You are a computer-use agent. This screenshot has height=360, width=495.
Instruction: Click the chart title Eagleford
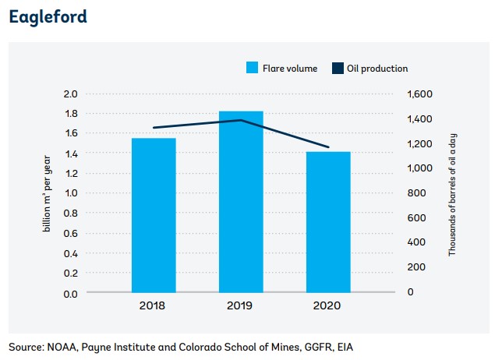pos(48,16)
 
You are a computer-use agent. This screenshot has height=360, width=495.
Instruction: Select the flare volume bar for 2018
pos(154,216)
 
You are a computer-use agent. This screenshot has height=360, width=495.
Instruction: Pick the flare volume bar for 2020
pos(328,222)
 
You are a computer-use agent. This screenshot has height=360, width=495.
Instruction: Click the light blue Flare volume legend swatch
pos(251,69)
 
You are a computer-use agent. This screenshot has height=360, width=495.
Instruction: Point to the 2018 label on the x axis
pos(154,306)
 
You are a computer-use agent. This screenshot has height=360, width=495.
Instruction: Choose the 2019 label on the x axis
pos(241,306)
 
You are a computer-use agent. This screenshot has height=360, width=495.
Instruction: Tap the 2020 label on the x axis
pos(328,306)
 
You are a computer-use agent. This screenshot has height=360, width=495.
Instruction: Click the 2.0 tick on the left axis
pos(71,94)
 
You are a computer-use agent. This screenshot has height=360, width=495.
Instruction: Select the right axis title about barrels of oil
pos(452,194)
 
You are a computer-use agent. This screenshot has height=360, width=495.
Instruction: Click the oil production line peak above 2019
pos(241,120)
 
